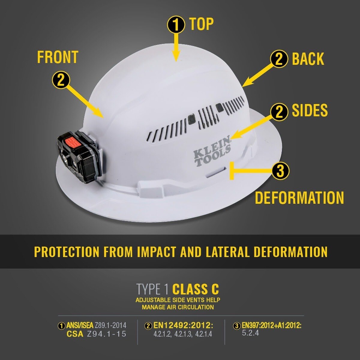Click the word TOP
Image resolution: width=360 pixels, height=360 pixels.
click(201, 24)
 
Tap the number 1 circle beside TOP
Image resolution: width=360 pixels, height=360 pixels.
click(176, 25)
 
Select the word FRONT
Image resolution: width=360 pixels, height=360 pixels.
click(58, 57)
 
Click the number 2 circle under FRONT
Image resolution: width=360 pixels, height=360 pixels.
click(61, 80)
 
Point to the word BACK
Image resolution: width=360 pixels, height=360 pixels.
click(308, 59)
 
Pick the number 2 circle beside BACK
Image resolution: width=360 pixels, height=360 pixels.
click(279, 59)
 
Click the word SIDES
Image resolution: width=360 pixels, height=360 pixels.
click(310, 111)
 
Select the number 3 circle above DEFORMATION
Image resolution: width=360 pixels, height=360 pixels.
click(280, 171)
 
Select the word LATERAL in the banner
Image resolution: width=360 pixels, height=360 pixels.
click(227, 252)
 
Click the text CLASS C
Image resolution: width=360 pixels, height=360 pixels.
click(195, 289)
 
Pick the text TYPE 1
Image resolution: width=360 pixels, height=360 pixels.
click(153, 289)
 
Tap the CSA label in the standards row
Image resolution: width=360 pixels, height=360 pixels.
click(75, 334)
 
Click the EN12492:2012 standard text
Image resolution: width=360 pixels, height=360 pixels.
click(183, 325)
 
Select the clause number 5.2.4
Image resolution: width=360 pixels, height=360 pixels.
click(250, 333)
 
